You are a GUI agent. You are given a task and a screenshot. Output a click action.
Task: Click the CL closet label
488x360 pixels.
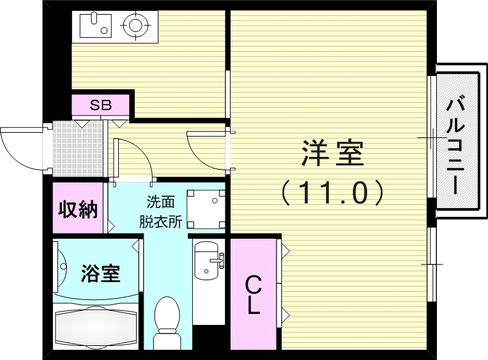tap(254, 294)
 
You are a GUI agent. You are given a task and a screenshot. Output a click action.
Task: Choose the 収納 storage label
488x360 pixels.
tap(78, 209)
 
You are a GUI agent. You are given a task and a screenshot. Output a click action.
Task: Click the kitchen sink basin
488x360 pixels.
tap(95, 26)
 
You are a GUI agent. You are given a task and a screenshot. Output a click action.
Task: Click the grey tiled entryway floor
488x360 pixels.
tap(77, 148)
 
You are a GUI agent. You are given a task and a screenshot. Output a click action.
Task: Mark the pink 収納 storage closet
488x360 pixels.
tap(78, 209)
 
